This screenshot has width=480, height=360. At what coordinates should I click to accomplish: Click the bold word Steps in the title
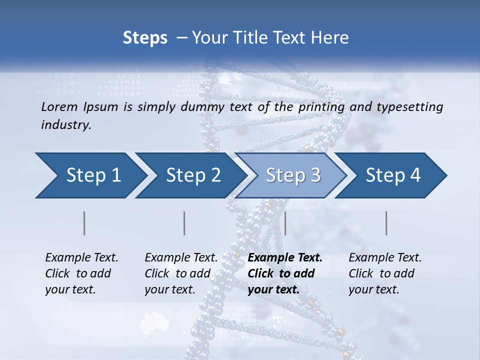[x=145, y=38]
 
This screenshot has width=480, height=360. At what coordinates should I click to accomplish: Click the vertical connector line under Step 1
[x=84, y=223]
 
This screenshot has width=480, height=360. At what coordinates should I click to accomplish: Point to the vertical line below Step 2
[x=184, y=223]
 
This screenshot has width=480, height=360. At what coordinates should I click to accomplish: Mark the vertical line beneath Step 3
[x=285, y=223]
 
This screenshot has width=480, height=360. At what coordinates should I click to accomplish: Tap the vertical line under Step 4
[x=386, y=223]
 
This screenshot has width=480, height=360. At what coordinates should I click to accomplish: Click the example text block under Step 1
[x=81, y=273]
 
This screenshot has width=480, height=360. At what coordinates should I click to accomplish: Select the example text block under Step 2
[x=181, y=273]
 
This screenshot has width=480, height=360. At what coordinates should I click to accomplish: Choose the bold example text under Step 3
[x=285, y=273]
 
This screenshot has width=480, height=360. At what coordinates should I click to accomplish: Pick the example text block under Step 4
[x=385, y=273]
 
